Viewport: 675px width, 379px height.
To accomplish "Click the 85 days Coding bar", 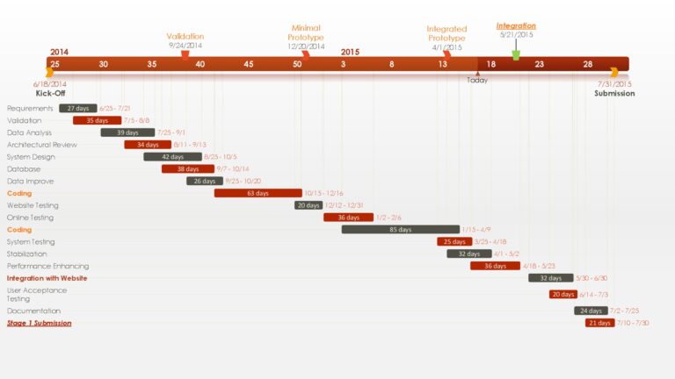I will tap(400, 230).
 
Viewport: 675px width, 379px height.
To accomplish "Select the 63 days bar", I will tap(258, 193).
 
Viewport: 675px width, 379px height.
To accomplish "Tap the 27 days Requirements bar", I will tap(78, 109).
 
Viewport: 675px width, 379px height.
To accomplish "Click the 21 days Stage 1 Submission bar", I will tap(599, 323).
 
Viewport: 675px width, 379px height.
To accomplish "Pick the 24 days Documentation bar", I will tap(591, 311).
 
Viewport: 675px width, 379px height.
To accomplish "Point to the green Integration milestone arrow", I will tap(516, 54).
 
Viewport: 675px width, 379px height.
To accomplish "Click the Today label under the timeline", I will tap(477, 80).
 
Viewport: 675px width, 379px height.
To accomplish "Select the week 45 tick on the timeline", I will tap(249, 64).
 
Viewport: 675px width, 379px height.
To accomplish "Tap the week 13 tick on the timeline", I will tap(443, 64).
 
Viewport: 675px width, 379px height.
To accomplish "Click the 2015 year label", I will tap(350, 52).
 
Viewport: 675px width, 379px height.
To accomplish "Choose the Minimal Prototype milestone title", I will tap(306, 33).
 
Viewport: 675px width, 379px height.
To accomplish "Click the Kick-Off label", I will tap(51, 93).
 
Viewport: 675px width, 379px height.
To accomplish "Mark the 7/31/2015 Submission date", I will tap(614, 84).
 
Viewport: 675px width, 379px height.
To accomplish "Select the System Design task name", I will tap(31, 157).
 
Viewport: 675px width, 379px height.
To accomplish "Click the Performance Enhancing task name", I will tap(47, 266).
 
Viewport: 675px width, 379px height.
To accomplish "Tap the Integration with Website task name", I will tap(47, 278).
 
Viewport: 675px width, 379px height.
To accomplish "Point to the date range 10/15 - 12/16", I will tap(323, 193).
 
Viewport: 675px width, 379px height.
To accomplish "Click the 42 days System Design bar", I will tap(172, 157).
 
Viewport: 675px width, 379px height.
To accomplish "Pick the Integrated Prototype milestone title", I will tap(446, 33).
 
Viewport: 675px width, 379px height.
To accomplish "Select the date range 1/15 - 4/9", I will tap(476, 230).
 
